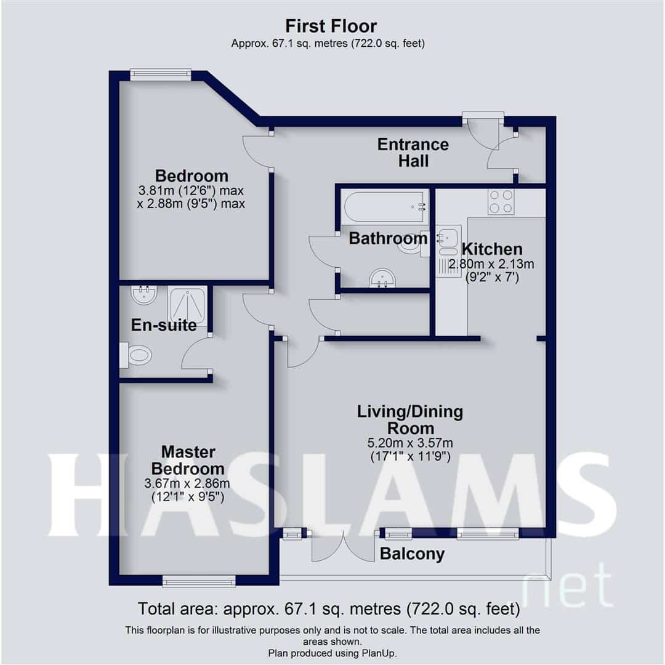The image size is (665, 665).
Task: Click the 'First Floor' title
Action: [x=331, y=26]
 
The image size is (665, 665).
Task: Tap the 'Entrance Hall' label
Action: [x=413, y=152]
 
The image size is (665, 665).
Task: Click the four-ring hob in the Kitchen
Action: [x=501, y=201]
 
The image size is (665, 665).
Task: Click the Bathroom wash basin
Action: [x=384, y=280]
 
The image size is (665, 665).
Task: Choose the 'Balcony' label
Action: [x=412, y=554]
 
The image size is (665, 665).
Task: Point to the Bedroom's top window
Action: [x=161, y=75]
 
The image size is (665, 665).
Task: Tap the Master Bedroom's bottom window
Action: [x=199, y=580]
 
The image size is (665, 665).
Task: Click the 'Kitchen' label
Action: [x=492, y=249]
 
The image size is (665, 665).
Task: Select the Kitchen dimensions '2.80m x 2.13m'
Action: [x=491, y=265]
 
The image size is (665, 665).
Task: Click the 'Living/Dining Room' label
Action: [x=410, y=419]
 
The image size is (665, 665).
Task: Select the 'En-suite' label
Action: [x=164, y=324]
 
